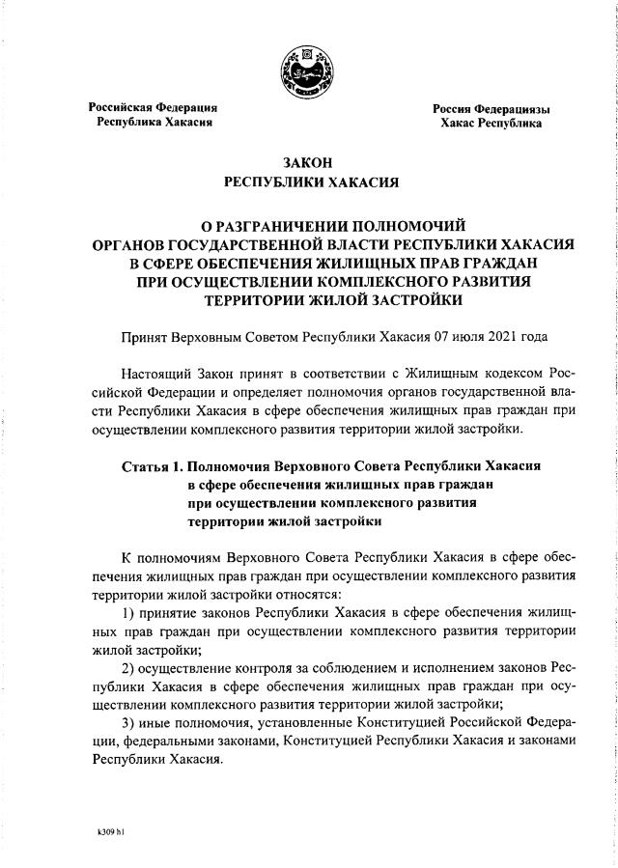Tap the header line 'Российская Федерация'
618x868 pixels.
click(x=154, y=107)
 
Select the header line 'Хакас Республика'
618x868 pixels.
click(x=491, y=124)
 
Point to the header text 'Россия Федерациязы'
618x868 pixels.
click(x=491, y=108)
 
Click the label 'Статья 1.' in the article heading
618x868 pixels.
click(x=152, y=465)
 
